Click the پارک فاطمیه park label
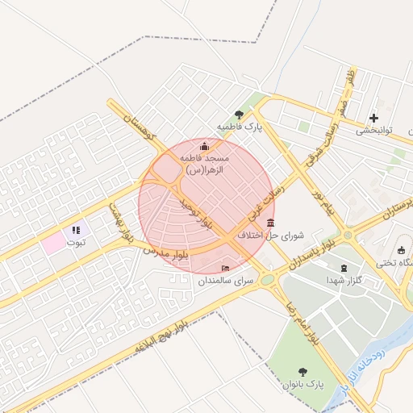[x=240, y=127]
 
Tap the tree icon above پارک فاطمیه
[x=239, y=115]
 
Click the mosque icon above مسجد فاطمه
[x=203, y=146]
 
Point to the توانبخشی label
[x=373, y=130]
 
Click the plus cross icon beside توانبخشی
[x=373, y=118]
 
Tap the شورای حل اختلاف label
[x=270, y=236]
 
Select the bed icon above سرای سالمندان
[x=225, y=268]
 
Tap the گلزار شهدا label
[x=345, y=278]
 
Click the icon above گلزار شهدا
[x=345, y=266]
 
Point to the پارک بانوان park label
[x=302, y=386]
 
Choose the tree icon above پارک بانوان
[x=302, y=372]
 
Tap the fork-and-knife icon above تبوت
[x=76, y=230]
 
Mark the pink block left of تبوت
[x=53, y=243]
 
